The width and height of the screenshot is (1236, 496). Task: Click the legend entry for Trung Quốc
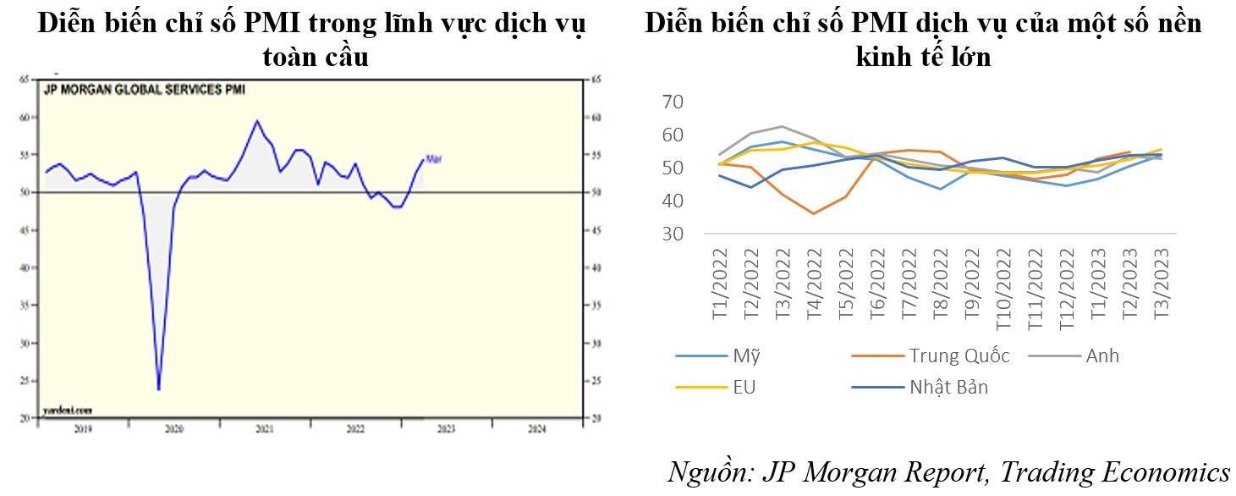pos(959,355)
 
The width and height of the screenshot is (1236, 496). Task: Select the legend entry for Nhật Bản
pos(948,388)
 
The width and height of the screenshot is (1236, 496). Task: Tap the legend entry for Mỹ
pos(741,355)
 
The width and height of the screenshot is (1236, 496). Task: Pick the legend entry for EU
pos(744,388)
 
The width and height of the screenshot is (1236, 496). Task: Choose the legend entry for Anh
pos(1102,355)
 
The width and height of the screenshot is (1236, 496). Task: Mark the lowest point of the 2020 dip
pos(158,390)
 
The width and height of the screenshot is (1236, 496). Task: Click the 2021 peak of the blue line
pos(256,120)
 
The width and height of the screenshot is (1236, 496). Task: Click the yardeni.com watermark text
pos(67,411)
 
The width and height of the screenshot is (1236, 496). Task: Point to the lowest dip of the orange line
pos(814,213)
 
